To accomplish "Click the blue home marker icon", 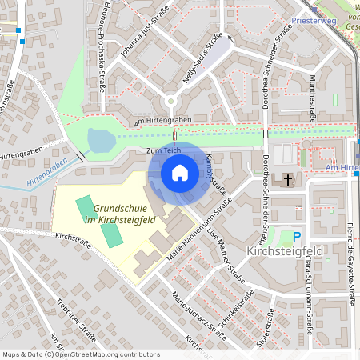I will [179, 173].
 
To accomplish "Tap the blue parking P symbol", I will [297, 236].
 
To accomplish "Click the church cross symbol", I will [287, 179].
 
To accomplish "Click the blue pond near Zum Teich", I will [100, 141].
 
